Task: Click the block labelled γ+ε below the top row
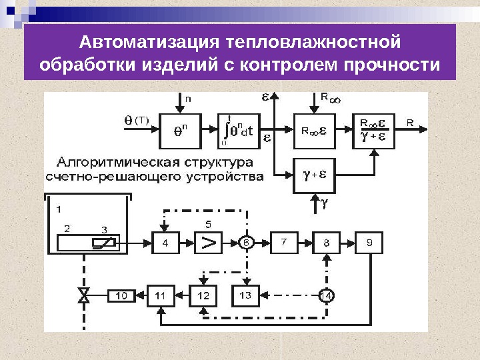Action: tap(315, 176)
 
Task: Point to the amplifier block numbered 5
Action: tap(209, 243)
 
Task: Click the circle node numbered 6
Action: tap(246, 243)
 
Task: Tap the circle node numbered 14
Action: tap(326, 295)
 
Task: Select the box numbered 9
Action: tap(369, 243)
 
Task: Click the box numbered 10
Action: tap(121, 295)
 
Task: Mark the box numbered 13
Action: tap(245, 295)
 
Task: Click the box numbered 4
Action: tap(165, 243)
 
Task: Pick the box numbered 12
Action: tap(203, 295)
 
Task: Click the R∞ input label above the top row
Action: tap(329, 98)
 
